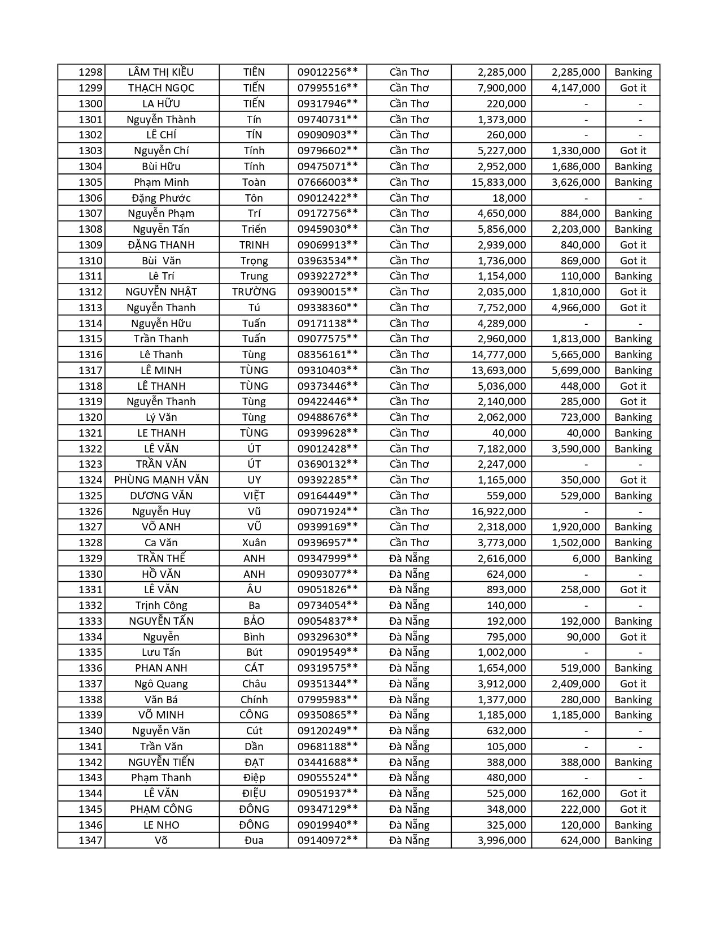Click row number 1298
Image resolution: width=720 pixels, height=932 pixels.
90,72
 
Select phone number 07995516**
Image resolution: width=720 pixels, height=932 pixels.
328,88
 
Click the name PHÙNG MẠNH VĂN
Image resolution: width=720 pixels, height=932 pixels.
162,480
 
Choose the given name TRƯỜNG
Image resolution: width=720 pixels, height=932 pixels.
254,292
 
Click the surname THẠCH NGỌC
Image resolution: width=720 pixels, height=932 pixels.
162,88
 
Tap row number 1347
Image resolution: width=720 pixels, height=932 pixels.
90,840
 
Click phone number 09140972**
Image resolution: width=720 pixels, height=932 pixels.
328,840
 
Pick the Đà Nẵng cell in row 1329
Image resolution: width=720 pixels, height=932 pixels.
409,559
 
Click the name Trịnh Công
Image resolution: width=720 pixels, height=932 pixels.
162,606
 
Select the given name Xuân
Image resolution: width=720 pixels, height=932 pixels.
254,543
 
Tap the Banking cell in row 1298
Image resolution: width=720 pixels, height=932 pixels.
633,72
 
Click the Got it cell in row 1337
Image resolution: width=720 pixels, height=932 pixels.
633,684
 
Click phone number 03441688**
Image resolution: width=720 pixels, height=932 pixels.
328,763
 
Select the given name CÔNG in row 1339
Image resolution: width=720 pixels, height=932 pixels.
254,715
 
